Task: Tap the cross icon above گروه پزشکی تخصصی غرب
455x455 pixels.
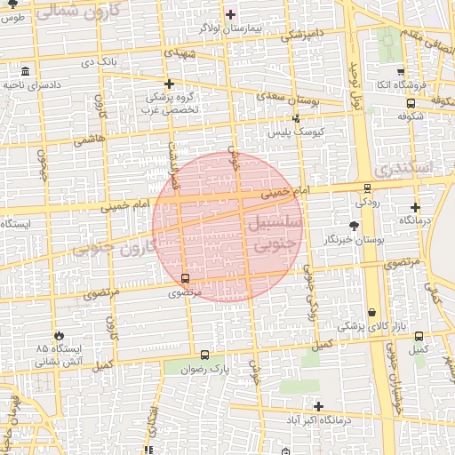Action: click(x=169, y=83)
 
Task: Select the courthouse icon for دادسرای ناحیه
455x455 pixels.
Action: click(x=24, y=71)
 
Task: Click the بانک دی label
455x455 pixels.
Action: click(x=100, y=62)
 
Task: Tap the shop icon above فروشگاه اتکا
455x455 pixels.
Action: click(x=401, y=72)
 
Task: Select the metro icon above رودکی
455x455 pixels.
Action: click(x=367, y=188)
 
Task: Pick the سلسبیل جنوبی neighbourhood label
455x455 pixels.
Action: click(x=275, y=233)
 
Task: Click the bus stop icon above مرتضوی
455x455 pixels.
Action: click(x=185, y=278)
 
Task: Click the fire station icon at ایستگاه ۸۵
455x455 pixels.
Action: click(x=60, y=335)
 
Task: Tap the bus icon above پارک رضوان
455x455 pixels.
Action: click(x=206, y=354)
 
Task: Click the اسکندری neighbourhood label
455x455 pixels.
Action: click(x=404, y=166)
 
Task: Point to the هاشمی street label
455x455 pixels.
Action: click(x=89, y=139)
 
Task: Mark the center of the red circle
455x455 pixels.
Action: click(x=228, y=227)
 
